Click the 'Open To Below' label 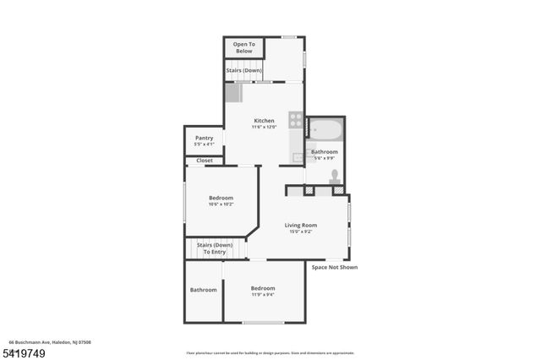click(243, 47)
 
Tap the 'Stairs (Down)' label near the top click(243, 70)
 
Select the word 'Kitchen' click(264, 120)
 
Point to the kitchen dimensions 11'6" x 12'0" click(264, 127)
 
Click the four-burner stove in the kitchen click(296, 119)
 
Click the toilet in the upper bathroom click(335, 177)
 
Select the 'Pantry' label click(204, 138)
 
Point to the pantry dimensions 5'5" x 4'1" click(204, 145)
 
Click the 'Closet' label click(205, 161)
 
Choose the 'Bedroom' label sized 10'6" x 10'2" click(221, 198)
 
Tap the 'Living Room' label click(300, 225)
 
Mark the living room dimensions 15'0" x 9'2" click(300, 232)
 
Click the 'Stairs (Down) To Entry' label click(215, 248)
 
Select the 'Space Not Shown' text click(335, 267)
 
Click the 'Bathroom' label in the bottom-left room click(204, 290)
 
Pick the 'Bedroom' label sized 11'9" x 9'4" click(263, 288)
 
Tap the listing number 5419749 click(22, 352)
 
